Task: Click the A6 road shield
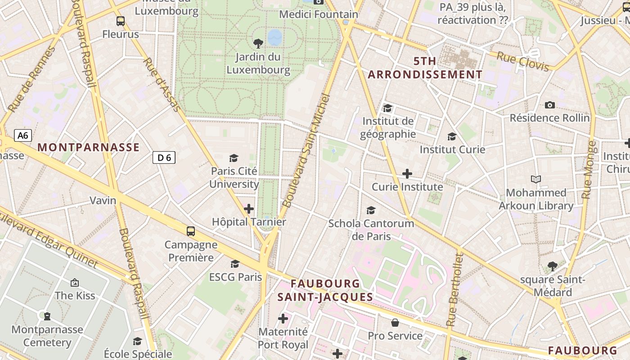click(x=23, y=135)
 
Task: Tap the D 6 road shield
click(x=164, y=157)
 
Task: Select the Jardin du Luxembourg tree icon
click(x=258, y=44)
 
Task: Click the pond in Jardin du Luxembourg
click(x=274, y=37)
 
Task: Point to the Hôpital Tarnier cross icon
click(x=249, y=209)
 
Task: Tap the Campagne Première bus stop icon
click(x=191, y=231)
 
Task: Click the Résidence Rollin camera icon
click(x=549, y=105)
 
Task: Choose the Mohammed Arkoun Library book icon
click(x=535, y=180)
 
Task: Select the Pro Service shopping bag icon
click(x=395, y=323)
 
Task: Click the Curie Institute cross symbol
click(x=407, y=174)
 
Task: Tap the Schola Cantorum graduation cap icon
click(x=371, y=210)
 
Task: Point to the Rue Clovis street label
click(x=523, y=61)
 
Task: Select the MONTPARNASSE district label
click(x=88, y=147)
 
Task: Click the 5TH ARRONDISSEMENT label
click(x=425, y=68)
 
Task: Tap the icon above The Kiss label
click(x=75, y=283)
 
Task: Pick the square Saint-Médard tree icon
click(x=552, y=266)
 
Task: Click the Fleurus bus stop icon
click(x=120, y=21)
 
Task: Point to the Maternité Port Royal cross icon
click(x=283, y=319)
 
